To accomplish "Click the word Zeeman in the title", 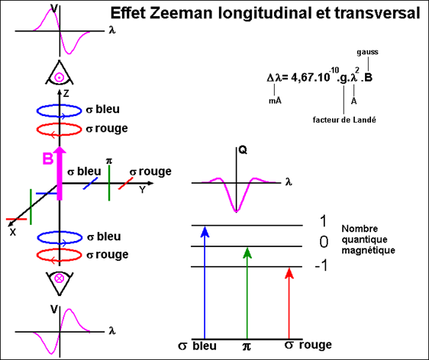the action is click(181, 13).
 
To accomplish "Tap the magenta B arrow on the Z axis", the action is click(60, 173).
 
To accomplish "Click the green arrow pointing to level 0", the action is click(247, 293).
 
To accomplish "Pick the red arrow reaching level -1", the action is click(289, 304).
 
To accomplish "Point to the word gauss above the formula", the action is click(367, 52).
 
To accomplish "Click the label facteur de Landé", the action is click(344, 120).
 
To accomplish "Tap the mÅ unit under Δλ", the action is click(275, 101).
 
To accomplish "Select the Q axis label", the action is click(243, 150).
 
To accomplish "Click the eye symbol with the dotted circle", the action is click(59, 73).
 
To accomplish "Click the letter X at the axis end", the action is click(12, 233).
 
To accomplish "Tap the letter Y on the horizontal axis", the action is click(142, 189).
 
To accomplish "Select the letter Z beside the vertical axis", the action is click(66, 94).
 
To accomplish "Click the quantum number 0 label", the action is click(324, 242).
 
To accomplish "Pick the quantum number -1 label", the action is click(321, 265).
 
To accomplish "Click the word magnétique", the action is click(368, 250).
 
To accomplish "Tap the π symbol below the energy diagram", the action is click(247, 346).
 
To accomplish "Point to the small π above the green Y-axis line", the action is click(109, 161).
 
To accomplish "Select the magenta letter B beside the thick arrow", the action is click(48, 159).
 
